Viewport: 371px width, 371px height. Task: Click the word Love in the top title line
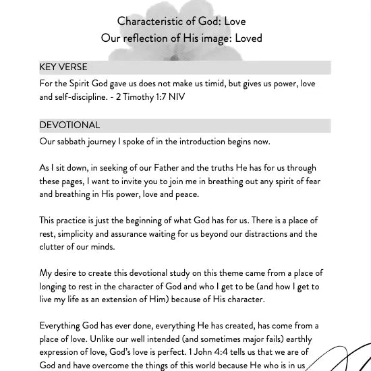click(235, 21)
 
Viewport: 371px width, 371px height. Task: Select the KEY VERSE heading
click(63, 67)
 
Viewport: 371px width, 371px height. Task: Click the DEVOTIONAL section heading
click(69, 125)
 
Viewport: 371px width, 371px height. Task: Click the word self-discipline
click(84, 97)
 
